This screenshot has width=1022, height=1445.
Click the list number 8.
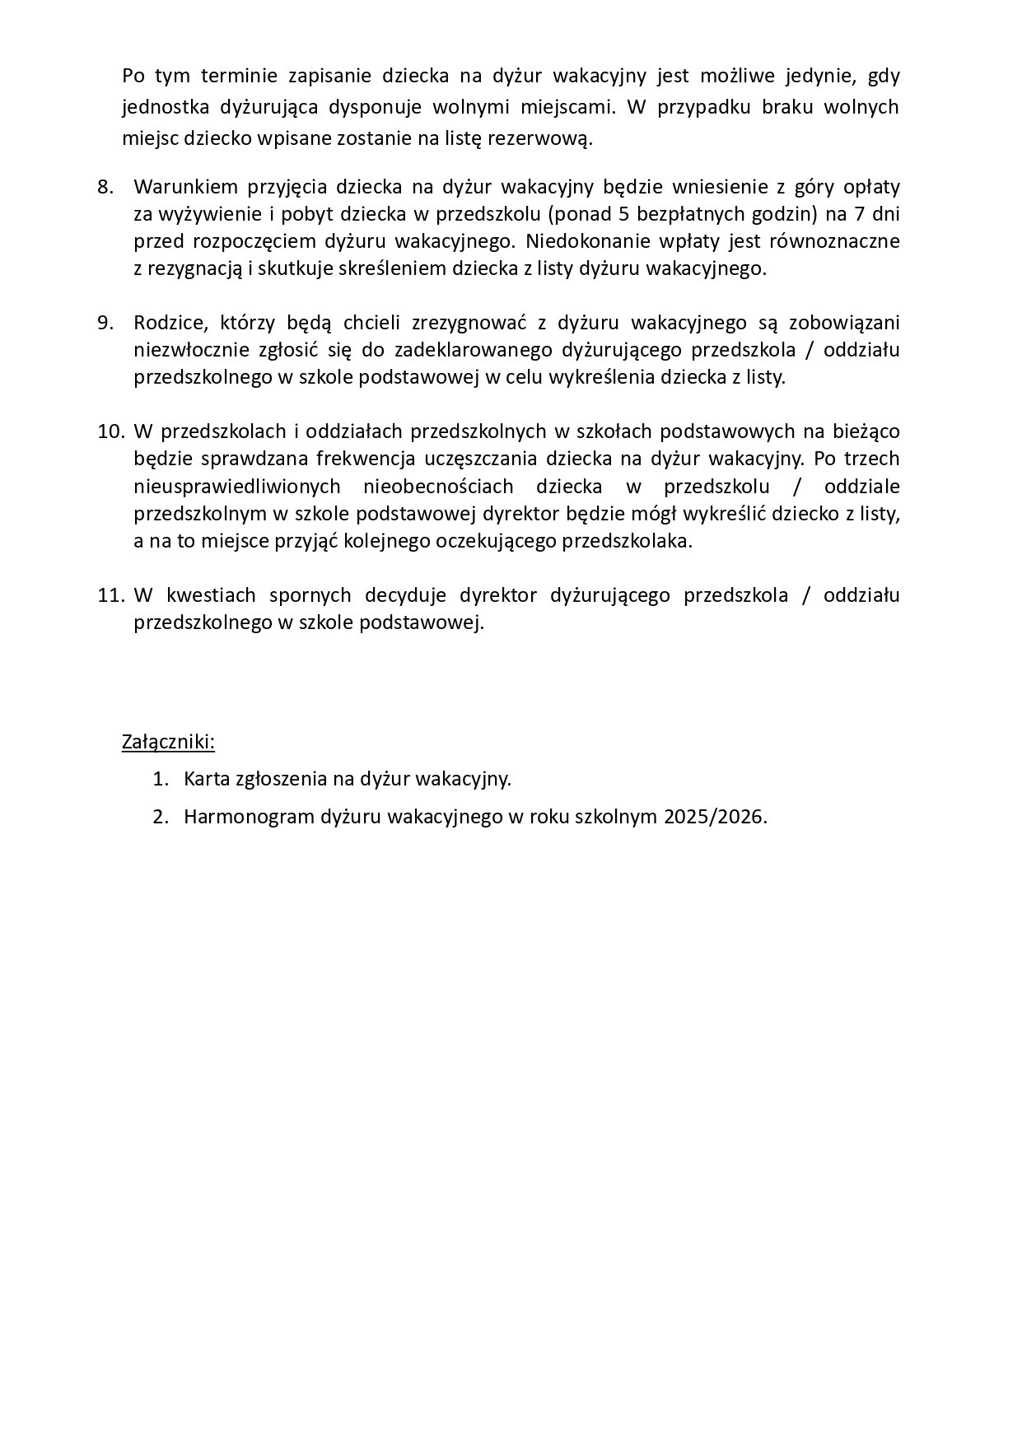(x=105, y=187)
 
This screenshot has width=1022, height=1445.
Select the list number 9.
(x=105, y=323)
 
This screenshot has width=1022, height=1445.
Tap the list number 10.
(x=110, y=431)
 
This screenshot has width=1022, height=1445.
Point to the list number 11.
(x=110, y=595)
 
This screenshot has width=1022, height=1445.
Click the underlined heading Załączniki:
(x=168, y=742)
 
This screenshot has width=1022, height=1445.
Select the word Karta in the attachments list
(x=206, y=779)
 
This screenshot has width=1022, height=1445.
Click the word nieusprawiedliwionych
(x=237, y=487)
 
